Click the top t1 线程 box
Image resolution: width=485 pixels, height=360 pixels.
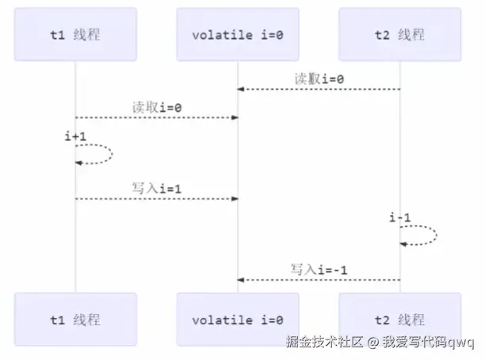pos(75,35)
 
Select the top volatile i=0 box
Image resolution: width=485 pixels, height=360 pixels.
pos(237,35)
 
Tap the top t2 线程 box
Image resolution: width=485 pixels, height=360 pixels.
pos(399,35)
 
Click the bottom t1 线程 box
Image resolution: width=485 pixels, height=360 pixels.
pos(75,320)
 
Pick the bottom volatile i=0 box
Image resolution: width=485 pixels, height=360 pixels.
pos(237,320)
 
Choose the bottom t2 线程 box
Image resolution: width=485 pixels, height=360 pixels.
pos(399,320)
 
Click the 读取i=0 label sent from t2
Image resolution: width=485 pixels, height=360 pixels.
pos(319,79)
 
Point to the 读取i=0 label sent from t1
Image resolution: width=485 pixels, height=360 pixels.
pos(157,107)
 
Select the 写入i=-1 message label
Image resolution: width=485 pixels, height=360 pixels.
pos(319,270)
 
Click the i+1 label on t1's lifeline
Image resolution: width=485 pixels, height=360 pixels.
pos(75,136)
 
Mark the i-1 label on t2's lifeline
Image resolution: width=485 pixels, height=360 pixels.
pos(399,216)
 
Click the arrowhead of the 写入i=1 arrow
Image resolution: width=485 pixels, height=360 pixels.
pos(235,198)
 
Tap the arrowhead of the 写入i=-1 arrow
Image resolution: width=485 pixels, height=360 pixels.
pos(241,280)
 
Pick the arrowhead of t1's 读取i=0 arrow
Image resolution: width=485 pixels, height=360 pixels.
pos(235,117)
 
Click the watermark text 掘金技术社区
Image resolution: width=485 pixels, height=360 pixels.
pos(324,343)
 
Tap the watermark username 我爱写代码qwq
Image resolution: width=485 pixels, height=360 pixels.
pos(428,343)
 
